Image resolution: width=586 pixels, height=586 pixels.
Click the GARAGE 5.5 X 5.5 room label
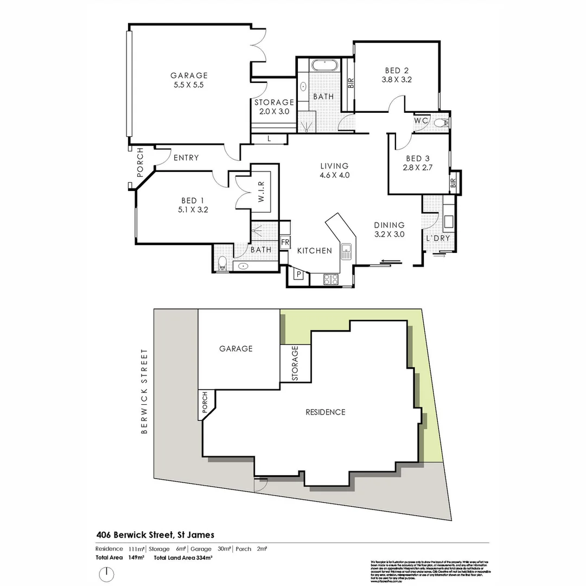(x=189, y=80)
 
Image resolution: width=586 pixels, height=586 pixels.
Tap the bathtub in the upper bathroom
(x=324, y=66)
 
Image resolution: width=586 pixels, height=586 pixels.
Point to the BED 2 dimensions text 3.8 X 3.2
(x=397, y=79)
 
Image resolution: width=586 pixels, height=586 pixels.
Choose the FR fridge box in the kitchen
(x=285, y=242)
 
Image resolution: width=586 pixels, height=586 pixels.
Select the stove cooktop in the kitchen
(x=330, y=279)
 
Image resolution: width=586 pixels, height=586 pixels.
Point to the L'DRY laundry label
(x=438, y=239)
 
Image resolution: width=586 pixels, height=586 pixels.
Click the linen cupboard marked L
(x=270, y=139)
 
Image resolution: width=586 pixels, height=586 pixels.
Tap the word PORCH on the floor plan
(x=140, y=162)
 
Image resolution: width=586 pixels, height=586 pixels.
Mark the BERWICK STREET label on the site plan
(x=144, y=391)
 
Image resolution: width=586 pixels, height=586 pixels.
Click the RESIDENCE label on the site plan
(x=325, y=412)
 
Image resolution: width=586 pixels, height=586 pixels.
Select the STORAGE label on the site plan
(x=295, y=363)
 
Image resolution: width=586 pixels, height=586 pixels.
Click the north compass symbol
(x=107, y=574)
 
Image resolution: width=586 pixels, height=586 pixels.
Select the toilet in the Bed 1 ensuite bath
(x=221, y=265)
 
